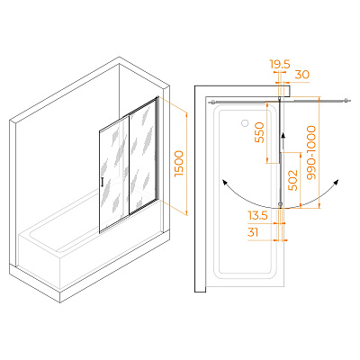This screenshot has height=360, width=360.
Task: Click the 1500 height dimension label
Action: [x=179, y=164]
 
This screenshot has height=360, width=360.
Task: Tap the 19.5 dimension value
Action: [x=280, y=65]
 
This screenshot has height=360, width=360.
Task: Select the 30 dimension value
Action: [x=302, y=75]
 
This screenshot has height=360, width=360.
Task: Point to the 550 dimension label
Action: [x=259, y=132]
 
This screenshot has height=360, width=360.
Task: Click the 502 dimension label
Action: [x=292, y=180]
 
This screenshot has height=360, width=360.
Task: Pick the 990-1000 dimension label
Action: [x=311, y=153]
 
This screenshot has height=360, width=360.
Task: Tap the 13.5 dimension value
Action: [x=257, y=215]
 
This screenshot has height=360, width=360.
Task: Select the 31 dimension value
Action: [x=253, y=232]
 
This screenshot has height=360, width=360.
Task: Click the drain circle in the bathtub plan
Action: [x=245, y=122]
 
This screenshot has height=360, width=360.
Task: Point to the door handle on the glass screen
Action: [x=103, y=182]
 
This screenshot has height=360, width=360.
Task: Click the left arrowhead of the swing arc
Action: [x=224, y=183]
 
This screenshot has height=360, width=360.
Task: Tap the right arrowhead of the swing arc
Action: [x=337, y=183]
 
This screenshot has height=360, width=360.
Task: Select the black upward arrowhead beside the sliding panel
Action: [x=283, y=137]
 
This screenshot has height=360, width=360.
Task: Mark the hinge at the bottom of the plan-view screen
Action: [x=280, y=205]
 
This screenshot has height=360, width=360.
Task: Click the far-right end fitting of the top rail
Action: [x=346, y=101]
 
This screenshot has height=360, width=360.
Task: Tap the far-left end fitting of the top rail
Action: [x=212, y=102]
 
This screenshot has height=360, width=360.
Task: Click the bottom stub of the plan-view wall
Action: [x=200, y=290]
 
